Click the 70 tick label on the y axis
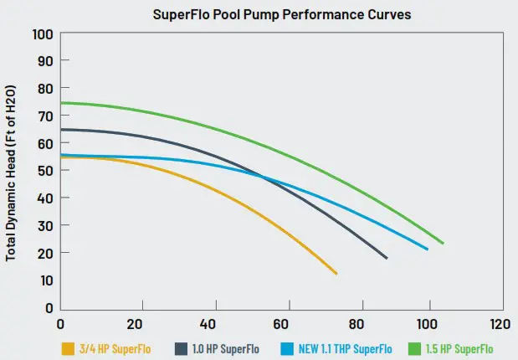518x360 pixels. [44, 116]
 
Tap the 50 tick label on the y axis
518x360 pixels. [44, 171]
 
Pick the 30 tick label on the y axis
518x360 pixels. [44, 225]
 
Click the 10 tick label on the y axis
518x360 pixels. [44, 280]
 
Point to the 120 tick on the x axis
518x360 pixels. [500, 323]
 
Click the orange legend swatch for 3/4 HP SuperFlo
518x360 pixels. [67, 348]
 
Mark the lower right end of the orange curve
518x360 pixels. [336, 274]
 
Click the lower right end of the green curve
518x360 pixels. [443, 244]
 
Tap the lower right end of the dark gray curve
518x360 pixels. [387, 258]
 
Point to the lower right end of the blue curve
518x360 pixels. [428, 249]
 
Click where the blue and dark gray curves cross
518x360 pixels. [263, 177]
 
